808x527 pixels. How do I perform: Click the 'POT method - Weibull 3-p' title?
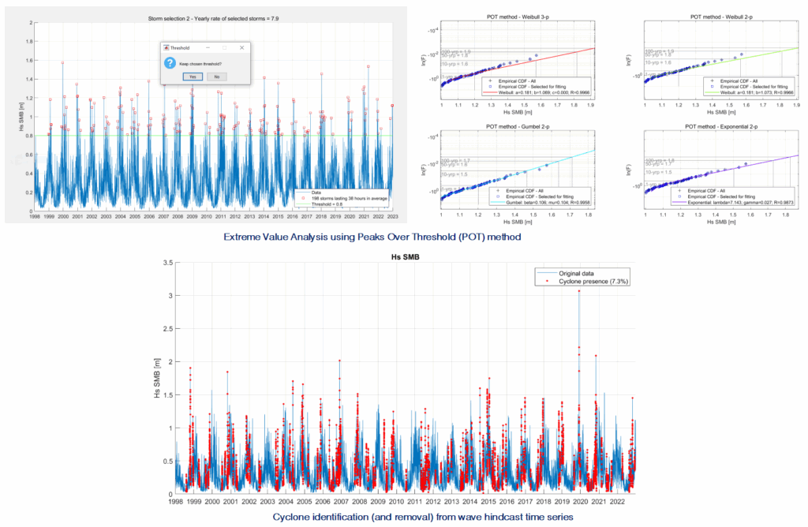pyautogui.click(x=518, y=17)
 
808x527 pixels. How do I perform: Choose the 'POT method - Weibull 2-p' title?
pyautogui.click(x=720, y=17)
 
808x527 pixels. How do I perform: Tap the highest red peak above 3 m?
pyautogui.click(x=579, y=291)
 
